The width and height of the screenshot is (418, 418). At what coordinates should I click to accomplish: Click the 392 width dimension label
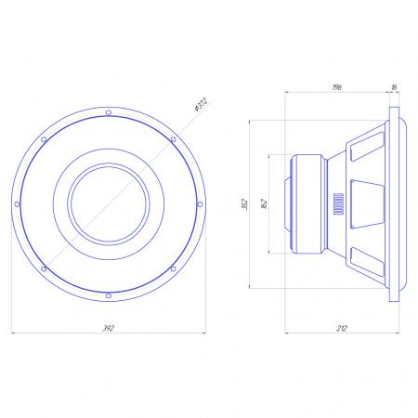[109, 328]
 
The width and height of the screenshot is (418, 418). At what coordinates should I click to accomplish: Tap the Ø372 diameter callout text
[201, 105]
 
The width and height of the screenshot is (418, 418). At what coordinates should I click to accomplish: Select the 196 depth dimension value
[337, 87]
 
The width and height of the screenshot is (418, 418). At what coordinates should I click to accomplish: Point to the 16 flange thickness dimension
[394, 87]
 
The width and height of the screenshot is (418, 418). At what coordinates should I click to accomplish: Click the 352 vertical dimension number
[244, 204]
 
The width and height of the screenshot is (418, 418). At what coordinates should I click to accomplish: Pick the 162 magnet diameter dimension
[264, 204]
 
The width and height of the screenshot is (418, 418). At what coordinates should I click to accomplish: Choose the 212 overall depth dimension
[342, 328]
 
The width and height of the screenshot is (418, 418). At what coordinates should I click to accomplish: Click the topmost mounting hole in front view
[109, 112]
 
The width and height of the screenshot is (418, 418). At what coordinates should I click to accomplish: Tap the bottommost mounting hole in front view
[109, 296]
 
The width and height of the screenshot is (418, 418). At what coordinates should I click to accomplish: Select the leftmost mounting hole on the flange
[17, 204]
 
